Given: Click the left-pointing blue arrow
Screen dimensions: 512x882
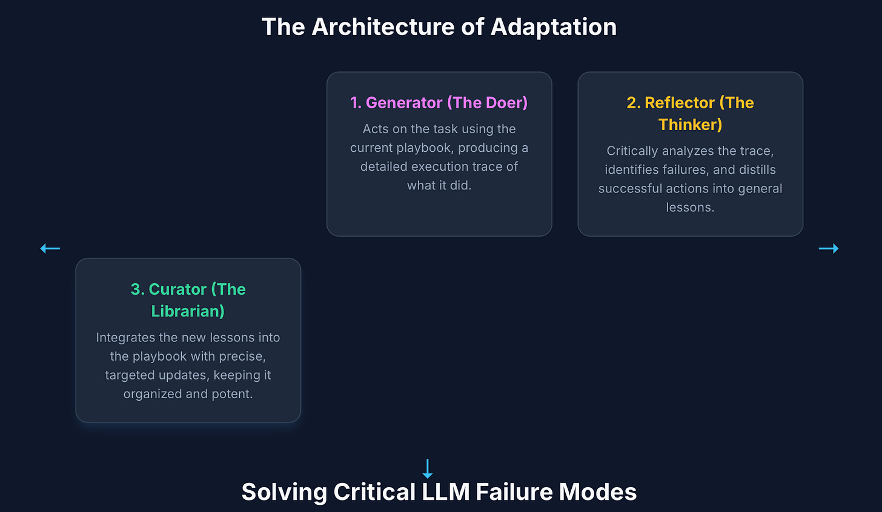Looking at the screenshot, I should coord(50,248).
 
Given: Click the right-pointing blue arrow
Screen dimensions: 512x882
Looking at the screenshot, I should coord(828,248).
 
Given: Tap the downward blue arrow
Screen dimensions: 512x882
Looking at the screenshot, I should coord(428,468).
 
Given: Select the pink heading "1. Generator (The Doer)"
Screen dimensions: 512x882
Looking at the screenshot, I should coord(439,103).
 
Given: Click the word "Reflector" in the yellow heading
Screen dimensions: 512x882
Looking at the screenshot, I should coord(680,103).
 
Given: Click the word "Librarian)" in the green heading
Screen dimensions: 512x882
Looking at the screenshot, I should coord(188,311).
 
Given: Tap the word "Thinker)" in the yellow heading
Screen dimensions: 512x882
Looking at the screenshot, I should coord(690,125).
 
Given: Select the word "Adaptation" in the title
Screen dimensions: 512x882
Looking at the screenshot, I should coord(554,27).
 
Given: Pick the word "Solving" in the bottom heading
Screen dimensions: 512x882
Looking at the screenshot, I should coord(283,492).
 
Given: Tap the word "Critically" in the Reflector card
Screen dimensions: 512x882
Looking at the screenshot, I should coord(632,151).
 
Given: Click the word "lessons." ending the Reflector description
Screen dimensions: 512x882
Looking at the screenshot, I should coord(690,208).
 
